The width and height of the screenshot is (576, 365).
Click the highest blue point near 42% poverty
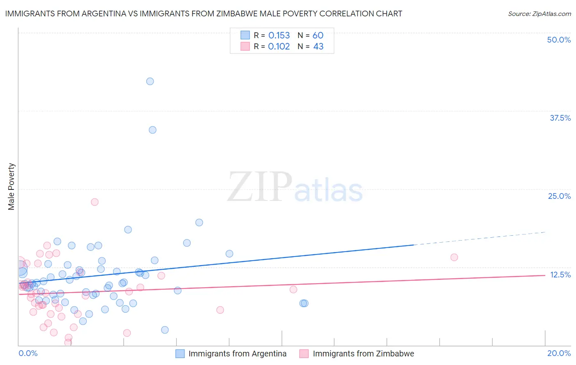point(150,81)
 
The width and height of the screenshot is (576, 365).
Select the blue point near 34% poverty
point(152,130)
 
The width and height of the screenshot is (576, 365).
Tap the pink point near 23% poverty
point(95,202)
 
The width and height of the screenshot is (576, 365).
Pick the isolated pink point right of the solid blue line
point(454,257)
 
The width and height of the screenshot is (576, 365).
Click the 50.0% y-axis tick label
point(559,40)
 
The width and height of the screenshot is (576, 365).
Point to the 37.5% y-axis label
point(560,118)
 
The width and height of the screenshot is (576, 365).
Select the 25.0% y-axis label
point(559,196)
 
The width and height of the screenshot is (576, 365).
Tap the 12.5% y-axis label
point(560,275)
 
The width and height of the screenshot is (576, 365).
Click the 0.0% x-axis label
point(28,353)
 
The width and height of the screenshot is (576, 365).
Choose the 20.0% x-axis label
point(559,353)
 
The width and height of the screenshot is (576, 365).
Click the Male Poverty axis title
point(11,187)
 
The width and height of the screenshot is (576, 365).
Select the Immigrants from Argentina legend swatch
point(180,354)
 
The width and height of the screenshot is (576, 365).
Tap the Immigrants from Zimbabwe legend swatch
point(304,354)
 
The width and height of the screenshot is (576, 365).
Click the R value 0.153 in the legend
point(279,36)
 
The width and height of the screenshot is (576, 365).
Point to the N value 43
point(318,47)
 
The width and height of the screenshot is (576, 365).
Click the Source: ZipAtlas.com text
point(539,14)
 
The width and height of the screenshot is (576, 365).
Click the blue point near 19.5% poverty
point(199,223)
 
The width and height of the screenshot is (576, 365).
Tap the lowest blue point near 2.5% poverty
point(165,330)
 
